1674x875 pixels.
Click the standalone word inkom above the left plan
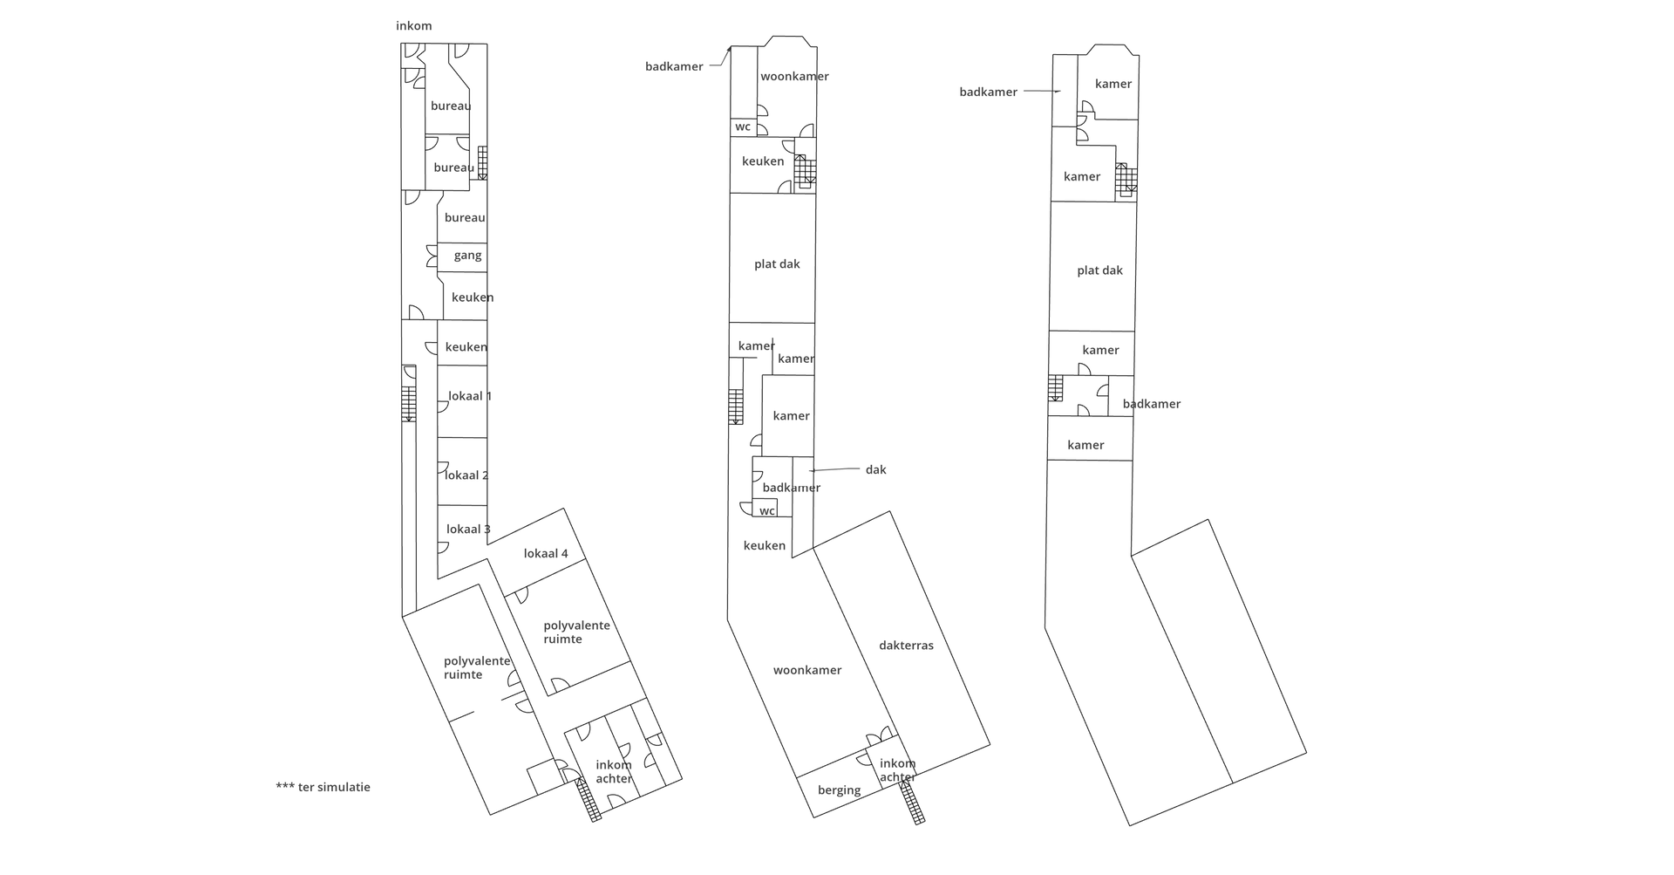[414, 26]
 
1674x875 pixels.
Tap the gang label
[468, 256]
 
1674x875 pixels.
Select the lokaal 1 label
[470, 396]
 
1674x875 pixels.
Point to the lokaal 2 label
[466, 475]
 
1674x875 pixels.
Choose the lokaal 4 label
[546, 554]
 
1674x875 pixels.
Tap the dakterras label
[906, 646]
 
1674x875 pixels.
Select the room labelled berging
[839, 791]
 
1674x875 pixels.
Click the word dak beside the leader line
[875, 470]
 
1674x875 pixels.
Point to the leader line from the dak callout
[834, 469]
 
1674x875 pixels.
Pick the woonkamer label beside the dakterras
[807, 671]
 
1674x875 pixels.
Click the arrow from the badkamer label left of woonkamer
[719, 58]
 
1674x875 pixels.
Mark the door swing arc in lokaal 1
[444, 407]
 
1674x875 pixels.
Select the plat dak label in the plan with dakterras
[777, 264]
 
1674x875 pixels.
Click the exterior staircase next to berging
[912, 802]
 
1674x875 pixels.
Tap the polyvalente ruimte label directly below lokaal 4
[576, 632]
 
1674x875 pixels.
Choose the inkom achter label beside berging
[897, 771]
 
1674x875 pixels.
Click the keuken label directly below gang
[473, 297]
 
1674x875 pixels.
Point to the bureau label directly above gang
[465, 218]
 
